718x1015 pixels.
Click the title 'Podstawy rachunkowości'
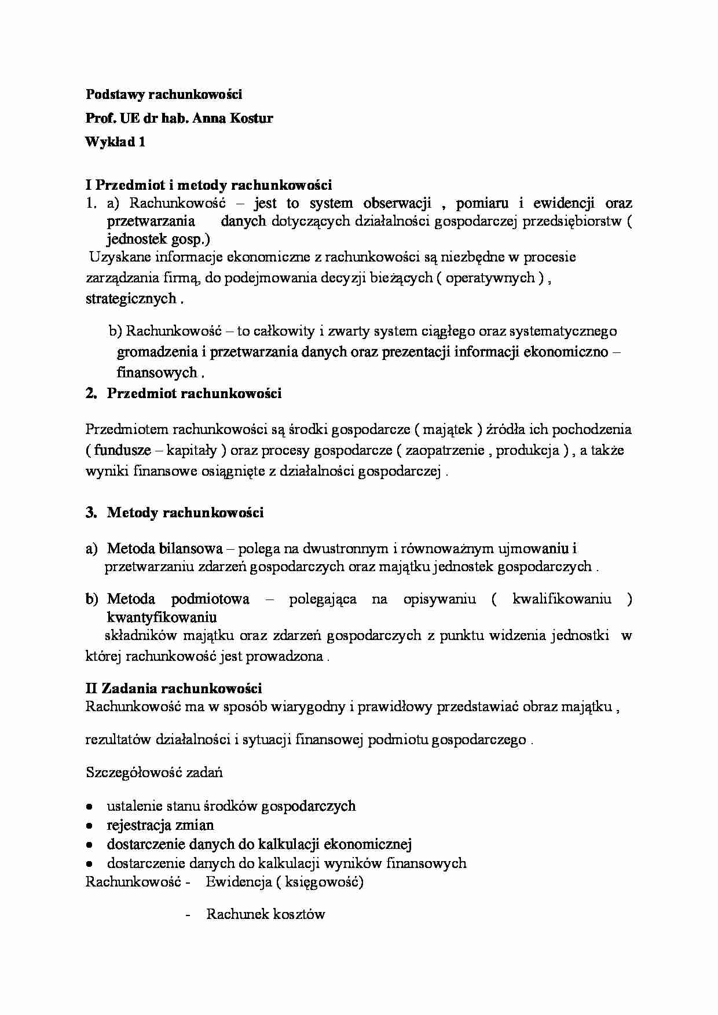(164, 94)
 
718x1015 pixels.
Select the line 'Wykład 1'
(115, 142)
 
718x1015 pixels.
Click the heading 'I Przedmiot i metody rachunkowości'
(208, 185)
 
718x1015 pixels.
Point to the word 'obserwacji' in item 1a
(398, 203)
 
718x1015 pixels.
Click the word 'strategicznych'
(131, 299)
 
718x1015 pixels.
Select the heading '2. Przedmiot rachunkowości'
(184, 394)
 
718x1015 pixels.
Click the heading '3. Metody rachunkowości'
(175, 513)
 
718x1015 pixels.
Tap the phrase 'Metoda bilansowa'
(164, 549)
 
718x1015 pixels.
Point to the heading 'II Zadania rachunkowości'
(174, 689)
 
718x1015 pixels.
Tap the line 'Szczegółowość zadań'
(154, 773)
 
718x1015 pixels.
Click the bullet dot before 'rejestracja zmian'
(89, 826)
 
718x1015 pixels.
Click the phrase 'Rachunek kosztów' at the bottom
(265, 914)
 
